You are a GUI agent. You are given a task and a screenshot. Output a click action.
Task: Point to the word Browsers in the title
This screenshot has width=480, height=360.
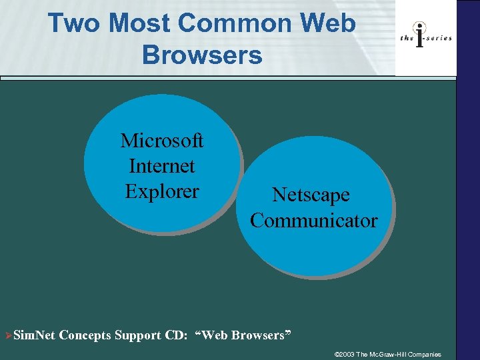(x=202, y=55)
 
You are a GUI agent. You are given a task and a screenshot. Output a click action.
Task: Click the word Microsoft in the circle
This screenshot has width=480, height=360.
(x=162, y=141)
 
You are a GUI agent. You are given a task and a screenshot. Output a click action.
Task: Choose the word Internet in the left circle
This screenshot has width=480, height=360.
(x=162, y=166)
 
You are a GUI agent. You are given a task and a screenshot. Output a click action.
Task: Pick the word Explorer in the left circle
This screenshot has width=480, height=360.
(x=162, y=191)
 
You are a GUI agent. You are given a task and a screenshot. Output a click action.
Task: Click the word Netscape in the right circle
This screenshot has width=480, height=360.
(x=311, y=195)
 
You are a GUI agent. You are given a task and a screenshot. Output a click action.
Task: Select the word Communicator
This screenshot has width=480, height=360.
(x=313, y=221)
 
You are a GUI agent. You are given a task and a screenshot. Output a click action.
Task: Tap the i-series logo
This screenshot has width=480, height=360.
(x=426, y=37)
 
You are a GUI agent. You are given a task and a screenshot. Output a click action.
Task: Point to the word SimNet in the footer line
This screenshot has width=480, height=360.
(x=35, y=335)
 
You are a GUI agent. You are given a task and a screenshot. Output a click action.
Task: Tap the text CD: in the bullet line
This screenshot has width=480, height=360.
(x=176, y=335)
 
